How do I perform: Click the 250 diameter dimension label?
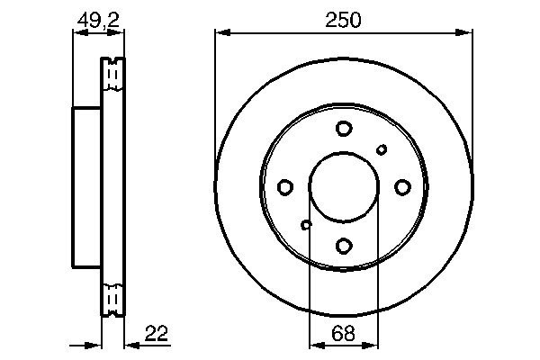344,20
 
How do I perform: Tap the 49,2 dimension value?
98,21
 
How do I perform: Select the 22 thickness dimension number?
157,333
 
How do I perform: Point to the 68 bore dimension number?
344,333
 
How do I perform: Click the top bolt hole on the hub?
344,129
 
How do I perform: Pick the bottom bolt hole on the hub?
344,246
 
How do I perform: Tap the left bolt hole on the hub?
285,187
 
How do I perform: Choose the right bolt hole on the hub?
402,187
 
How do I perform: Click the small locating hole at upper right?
382,149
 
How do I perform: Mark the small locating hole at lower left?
306,225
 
